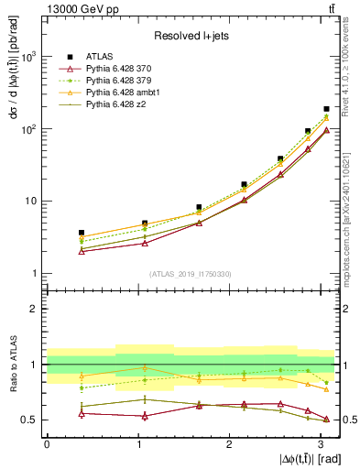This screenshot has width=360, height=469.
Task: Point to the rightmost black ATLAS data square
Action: click(326, 109)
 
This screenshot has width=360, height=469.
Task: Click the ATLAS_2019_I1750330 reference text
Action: click(189, 273)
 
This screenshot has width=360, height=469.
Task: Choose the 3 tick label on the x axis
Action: click(320, 443)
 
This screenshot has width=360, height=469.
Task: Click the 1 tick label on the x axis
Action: click(137, 443)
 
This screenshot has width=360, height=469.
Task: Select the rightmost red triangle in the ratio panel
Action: click(326, 419)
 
